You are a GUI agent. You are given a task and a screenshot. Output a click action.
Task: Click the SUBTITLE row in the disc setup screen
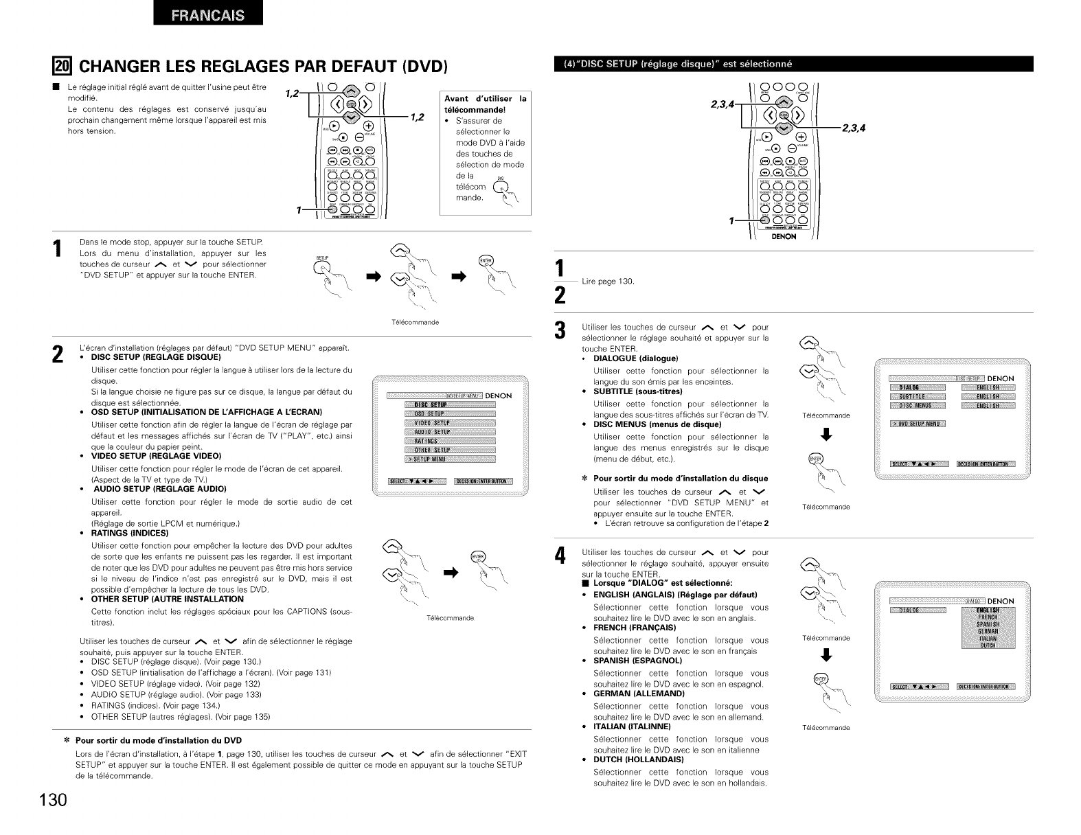coord(918,396)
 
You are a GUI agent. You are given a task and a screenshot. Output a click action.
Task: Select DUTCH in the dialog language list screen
coord(988,645)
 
